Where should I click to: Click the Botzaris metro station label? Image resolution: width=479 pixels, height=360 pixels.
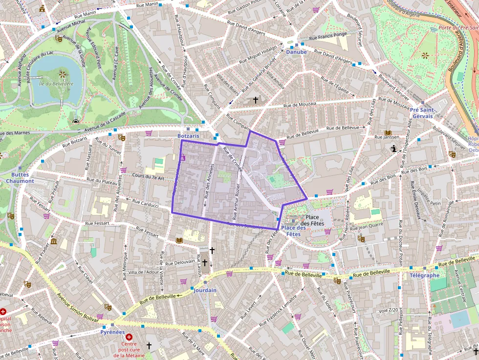188,135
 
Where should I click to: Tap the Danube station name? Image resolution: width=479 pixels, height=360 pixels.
296,52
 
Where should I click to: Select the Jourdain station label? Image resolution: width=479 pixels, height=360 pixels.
204,290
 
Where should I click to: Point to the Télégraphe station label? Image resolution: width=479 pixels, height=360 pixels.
424,275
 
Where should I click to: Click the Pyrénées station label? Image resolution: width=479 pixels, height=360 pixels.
112,332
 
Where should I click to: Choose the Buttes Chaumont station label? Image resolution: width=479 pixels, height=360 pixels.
20,177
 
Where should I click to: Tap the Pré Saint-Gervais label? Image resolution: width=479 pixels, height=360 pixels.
422,113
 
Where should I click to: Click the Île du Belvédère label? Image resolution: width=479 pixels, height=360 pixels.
55,84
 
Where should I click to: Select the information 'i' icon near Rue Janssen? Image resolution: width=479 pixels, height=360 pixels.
393,150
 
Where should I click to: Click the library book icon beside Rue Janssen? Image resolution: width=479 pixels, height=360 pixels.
388,133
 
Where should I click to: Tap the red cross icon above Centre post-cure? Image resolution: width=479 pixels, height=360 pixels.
129,337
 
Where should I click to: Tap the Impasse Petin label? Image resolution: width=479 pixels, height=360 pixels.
429,202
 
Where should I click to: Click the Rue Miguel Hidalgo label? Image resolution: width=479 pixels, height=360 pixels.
255,54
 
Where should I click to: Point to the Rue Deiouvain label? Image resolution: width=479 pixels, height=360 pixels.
178,263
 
